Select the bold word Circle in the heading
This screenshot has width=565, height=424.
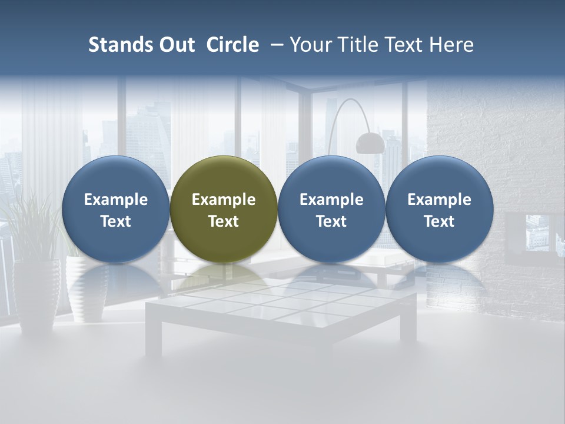[x=232, y=45]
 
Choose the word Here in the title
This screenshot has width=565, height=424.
[x=452, y=45]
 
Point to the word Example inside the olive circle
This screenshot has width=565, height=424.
[x=224, y=200]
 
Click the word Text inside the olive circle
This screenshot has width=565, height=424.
[x=224, y=221]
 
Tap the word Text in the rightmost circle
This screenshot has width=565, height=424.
[x=439, y=221]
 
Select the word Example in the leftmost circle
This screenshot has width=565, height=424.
[x=116, y=200]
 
